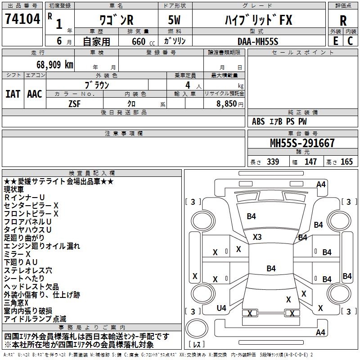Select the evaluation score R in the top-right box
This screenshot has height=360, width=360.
coord(343,21)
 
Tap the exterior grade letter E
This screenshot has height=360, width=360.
coord(335,40)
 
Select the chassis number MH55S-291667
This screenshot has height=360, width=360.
coord(302,143)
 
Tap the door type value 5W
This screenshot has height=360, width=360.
coord(174,20)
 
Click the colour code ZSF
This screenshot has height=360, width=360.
coord(74,103)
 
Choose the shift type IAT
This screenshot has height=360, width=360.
coord(13,94)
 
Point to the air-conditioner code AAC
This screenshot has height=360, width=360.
coord(34,94)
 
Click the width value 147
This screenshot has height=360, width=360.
coord(310,162)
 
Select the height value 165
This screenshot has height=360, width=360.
coord(346,162)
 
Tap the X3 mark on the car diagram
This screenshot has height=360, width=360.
coord(257,237)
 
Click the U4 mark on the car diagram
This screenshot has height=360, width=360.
coord(221,308)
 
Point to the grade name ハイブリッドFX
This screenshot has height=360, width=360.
coord(258,20)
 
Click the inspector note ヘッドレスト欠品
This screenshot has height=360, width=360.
coord(31,287)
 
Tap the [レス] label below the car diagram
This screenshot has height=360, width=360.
coord(197,345)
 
